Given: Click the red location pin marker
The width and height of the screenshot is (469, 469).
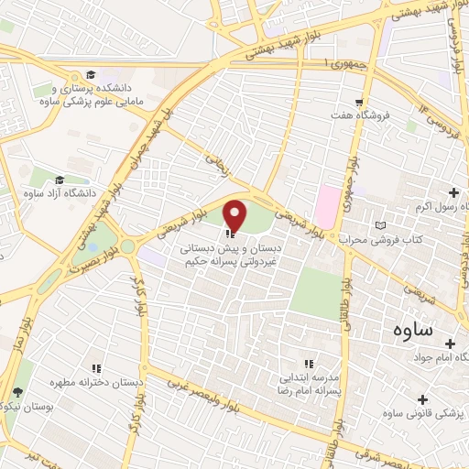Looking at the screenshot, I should coord(235,216).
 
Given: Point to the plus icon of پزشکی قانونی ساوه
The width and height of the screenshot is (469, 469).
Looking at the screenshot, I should coord(422,399).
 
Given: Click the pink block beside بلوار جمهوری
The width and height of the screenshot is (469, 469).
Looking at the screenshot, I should coord(326,201).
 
